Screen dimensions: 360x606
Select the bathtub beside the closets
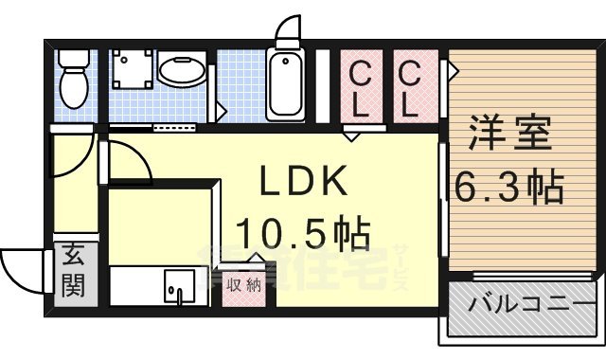(284, 83)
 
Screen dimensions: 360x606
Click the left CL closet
(360, 88)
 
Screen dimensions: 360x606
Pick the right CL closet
(409, 88)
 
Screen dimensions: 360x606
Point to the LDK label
(293, 181)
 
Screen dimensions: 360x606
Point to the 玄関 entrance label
(73, 270)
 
